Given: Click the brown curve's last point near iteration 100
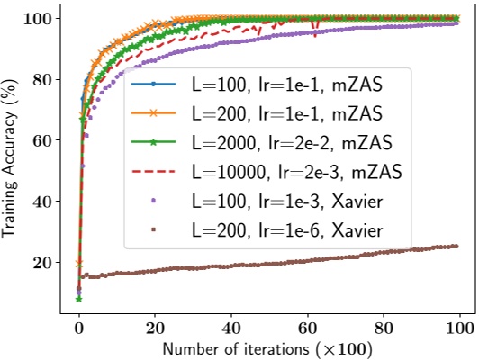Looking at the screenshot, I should coord(457,246).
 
